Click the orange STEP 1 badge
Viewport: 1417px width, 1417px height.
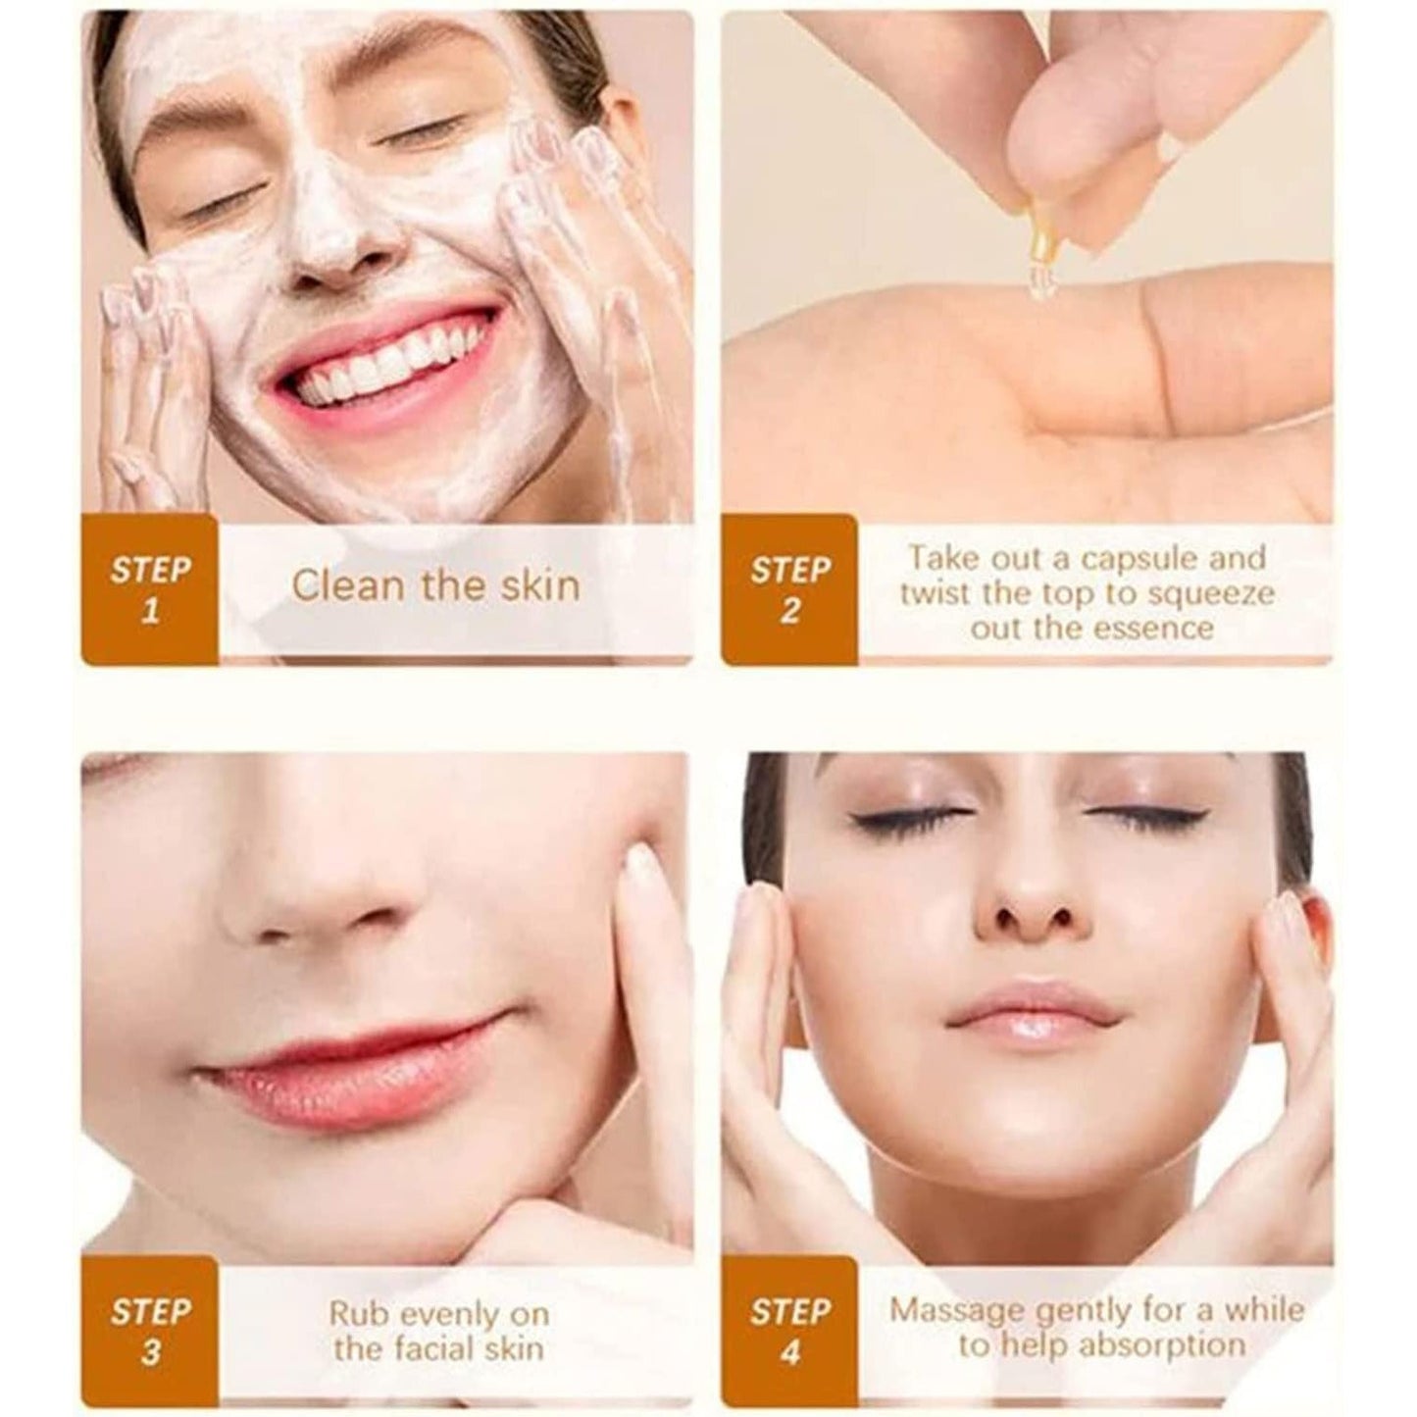click(149, 589)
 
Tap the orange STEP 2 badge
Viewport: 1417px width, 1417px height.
click(789, 589)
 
